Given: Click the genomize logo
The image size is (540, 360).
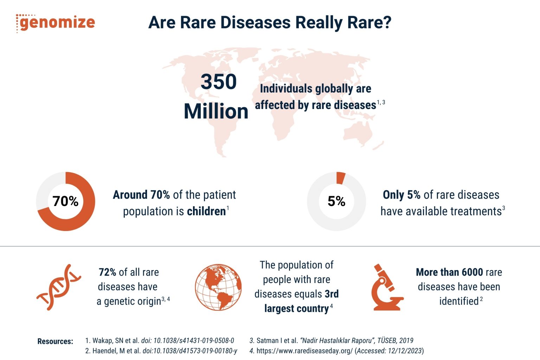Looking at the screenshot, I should click(56, 22).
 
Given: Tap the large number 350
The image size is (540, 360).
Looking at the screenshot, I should click(219, 82).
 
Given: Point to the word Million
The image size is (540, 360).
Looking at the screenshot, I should click(216, 111).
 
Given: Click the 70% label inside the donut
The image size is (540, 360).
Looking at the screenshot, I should click(65, 201).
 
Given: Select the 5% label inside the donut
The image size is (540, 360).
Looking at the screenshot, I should click(336, 201).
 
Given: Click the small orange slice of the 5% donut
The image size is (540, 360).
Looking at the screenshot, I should click(340, 178).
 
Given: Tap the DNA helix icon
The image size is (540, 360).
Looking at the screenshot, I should click(59, 287).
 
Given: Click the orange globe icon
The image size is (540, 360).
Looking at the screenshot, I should click(218, 287).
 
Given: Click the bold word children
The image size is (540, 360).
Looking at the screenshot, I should click(206, 211).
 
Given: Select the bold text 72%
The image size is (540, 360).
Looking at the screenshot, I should click(107, 272).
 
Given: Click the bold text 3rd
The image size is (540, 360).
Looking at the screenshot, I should click(332, 294).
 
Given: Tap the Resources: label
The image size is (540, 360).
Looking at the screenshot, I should click(55, 341).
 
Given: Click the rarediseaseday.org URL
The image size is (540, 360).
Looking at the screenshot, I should click(304, 351).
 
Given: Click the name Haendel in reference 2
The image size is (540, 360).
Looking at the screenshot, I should click(106, 351).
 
